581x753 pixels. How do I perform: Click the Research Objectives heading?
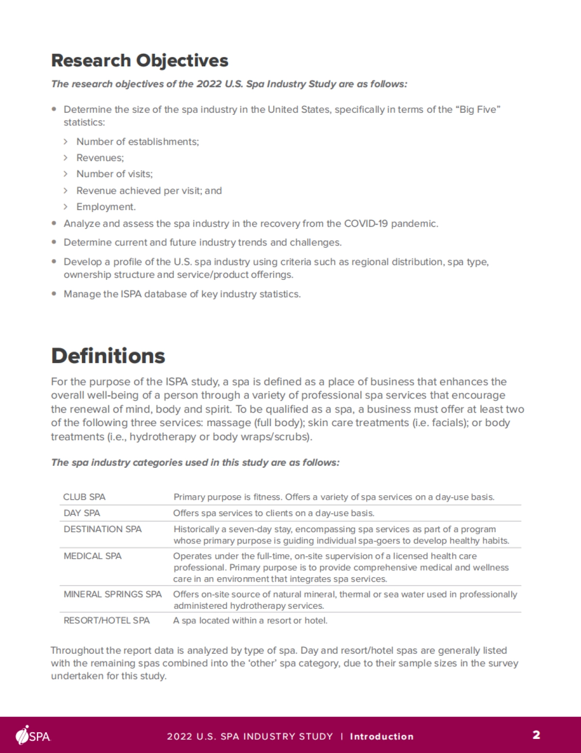[139, 61]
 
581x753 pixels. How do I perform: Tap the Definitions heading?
[108, 355]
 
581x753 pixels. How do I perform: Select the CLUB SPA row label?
[84, 497]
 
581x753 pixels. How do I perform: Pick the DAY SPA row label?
[82, 513]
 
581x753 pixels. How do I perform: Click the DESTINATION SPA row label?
[103, 529]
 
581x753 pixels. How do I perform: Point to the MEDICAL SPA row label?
[92, 556]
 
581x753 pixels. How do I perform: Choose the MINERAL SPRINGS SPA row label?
[112, 594]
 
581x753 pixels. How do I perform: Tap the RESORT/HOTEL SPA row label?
[107, 620]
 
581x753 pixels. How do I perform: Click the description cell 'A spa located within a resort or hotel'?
[250, 620]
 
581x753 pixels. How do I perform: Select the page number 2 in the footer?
[536, 735]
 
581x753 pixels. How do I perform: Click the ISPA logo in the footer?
[33, 735]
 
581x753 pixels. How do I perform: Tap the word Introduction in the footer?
[382, 737]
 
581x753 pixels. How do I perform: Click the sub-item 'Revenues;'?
[100, 158]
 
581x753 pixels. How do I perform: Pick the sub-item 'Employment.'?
[106, 207]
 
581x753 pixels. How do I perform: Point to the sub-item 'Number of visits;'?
[114, 174]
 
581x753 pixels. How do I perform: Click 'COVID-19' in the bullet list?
[367, 224]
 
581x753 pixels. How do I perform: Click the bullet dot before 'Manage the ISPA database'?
[54, 293]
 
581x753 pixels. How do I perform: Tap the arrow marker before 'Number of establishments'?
[65, 142]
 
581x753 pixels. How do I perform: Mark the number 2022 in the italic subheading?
[209, 84]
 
